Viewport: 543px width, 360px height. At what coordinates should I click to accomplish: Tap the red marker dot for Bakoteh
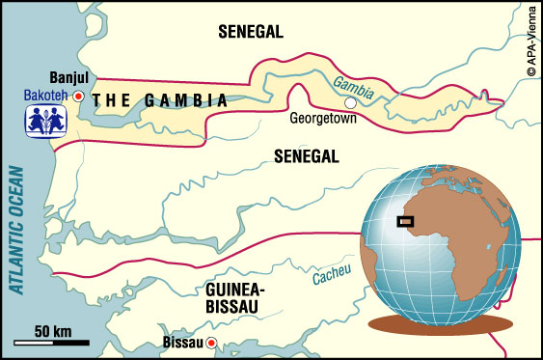click(78, 97)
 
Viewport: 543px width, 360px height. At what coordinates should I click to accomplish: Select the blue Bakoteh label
click(43, 97)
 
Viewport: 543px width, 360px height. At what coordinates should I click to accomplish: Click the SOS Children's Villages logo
click(44, 124)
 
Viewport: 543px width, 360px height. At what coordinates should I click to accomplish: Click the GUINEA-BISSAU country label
click(232, 296)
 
